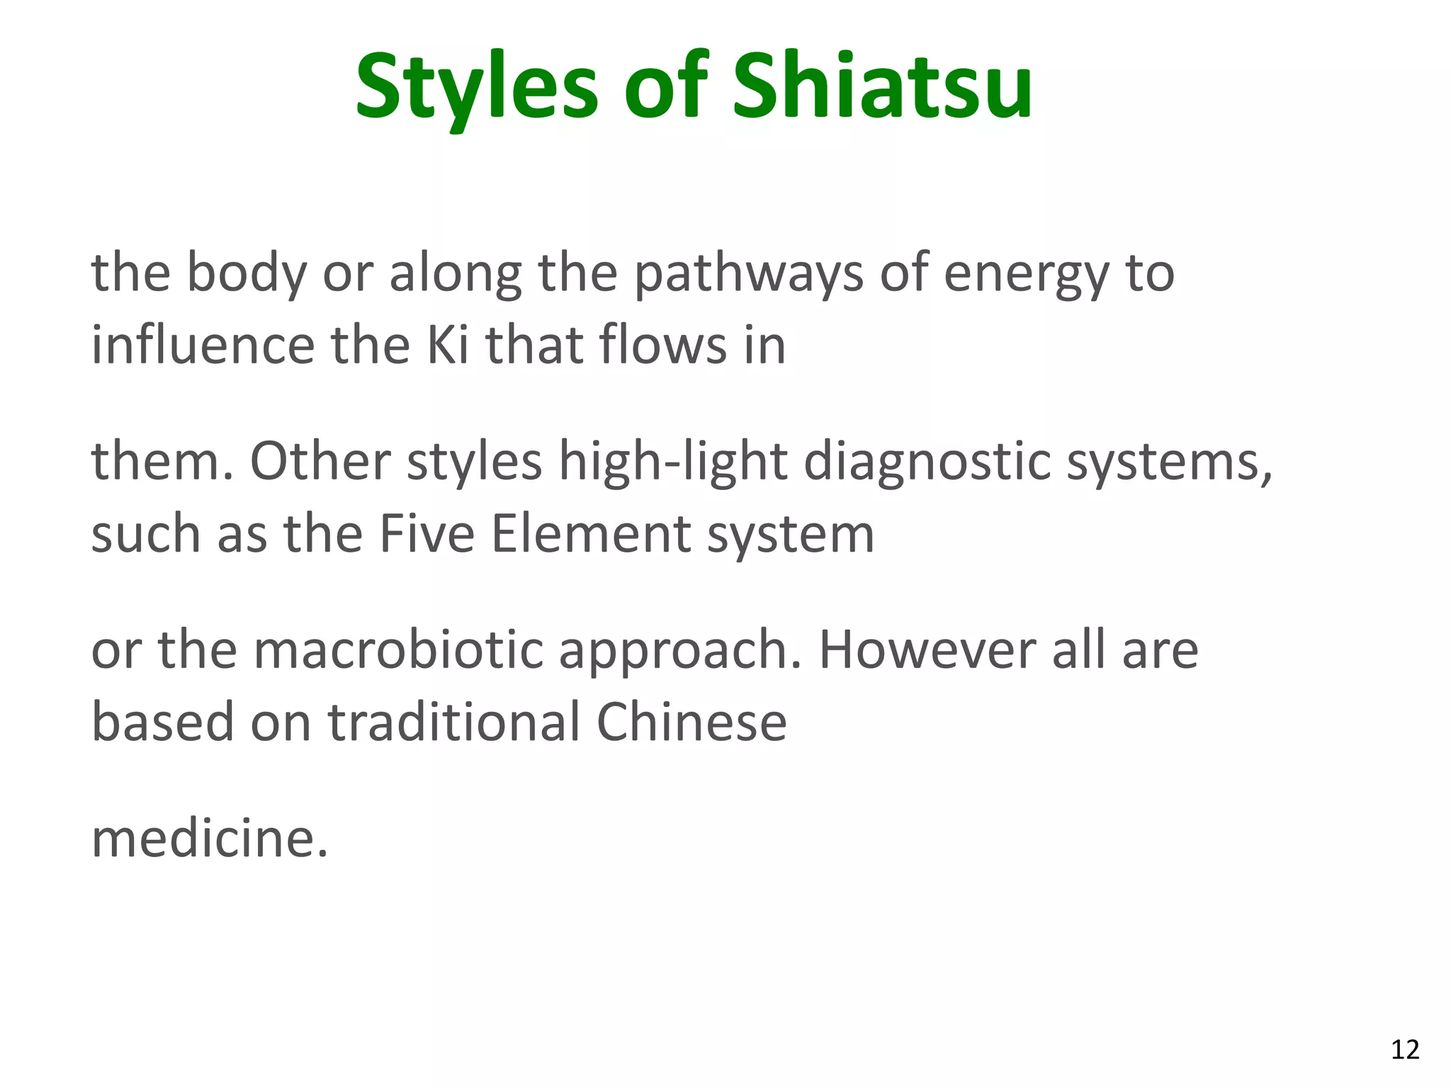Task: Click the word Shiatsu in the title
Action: click(x=882, y=86)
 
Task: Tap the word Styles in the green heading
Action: click(x=477, y=86)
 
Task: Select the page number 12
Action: click(x=1405, y=1049)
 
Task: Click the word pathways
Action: click(x=748, y=273)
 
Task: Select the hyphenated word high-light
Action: click(x=673, y=463)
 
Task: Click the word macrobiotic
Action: click(x=399, y=650)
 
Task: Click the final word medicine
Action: click(x=210, y=838)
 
